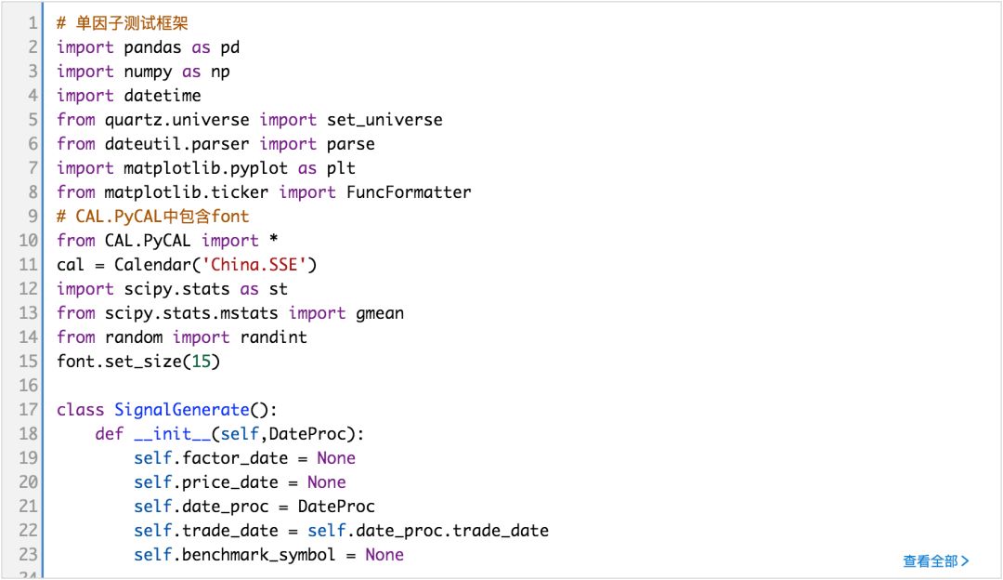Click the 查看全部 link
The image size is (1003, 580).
935,560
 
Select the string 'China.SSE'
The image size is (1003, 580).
259,265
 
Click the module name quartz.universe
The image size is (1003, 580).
177,120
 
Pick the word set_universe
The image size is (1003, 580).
384,120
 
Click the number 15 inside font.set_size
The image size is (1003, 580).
201,362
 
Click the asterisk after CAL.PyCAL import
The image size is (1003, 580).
273,241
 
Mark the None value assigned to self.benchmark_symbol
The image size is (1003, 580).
384,555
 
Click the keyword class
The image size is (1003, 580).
80,410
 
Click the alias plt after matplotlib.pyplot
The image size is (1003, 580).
341,168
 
